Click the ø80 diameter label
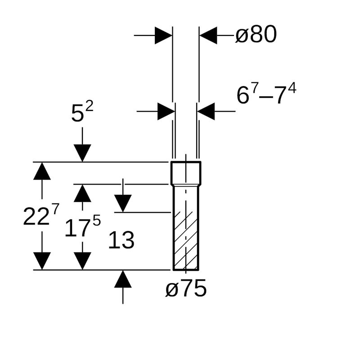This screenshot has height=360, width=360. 256,35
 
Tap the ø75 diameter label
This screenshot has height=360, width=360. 186,288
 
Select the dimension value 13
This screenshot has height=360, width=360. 121,241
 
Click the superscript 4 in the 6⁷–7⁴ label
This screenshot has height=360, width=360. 292,89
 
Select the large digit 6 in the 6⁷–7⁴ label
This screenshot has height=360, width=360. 243,96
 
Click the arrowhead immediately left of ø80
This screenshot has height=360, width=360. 208,35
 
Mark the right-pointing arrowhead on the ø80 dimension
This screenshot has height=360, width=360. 163,35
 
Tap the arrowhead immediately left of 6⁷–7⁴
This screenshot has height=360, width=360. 206,111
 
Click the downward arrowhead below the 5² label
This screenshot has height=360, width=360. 82,153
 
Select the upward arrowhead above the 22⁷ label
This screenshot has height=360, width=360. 42,171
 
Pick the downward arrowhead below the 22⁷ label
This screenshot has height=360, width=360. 42,261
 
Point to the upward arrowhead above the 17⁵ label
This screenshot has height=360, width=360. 82,193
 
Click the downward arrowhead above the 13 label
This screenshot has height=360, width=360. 123,203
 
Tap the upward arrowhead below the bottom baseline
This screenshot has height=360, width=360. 123,279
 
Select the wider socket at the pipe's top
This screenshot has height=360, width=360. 186,173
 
